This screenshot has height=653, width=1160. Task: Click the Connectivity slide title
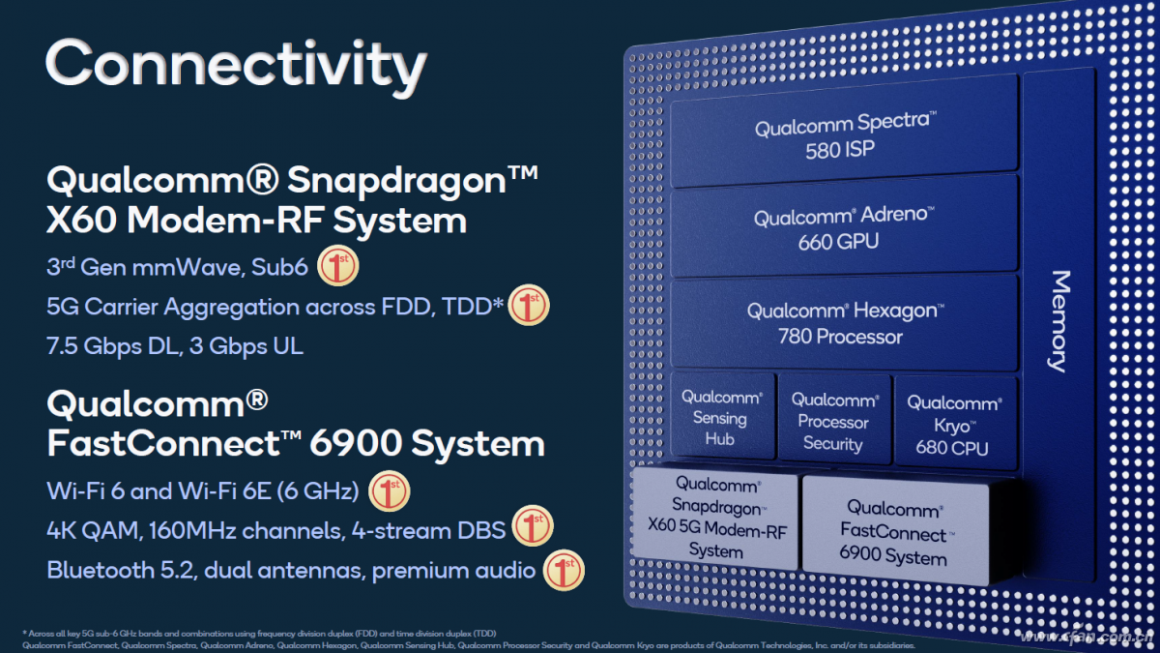pyautogui.click(x=235, y=65)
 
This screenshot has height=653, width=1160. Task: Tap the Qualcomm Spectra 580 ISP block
pyautogui.click(x=843, y=136)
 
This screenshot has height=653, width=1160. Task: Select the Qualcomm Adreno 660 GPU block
pyautogui.click(x=843, y=228)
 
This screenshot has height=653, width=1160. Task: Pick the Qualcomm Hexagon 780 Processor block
pyautogui.click(x=843, y=323)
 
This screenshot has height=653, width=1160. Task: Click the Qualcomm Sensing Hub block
pyautogui.click(x=721, y=417)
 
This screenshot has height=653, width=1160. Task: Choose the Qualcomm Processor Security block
pyautogui.click(x=833, y=422)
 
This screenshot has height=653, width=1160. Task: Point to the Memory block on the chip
pyautogui.click(x=1059, y=320)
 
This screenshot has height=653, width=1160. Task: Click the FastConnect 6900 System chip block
pyautogui.click(x=894, y=532)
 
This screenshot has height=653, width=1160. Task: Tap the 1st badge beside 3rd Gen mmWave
pyautogui.click(x=337, y=267)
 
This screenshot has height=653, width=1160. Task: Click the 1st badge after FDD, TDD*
pyautogui.click(x=529, y=306)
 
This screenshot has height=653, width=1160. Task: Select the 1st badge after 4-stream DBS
pyautogui.click(x=532, y=529)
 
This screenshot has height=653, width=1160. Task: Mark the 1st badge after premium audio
pyautogui.click(x=564, y=570)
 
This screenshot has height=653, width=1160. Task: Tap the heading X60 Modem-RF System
pyautogui.click(x=256, y=221)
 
